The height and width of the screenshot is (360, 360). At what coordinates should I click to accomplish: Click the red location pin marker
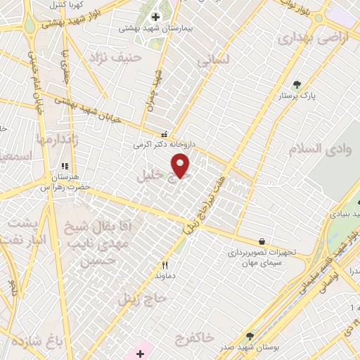(181, 165)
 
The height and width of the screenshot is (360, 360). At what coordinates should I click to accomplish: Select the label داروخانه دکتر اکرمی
(164, 144)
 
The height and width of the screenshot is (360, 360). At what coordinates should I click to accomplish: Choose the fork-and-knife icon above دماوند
(165, 265)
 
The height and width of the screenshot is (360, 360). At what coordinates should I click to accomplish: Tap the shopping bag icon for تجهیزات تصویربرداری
(262, 241)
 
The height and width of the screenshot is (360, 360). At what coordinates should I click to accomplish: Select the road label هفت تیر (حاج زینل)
(204, 206)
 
